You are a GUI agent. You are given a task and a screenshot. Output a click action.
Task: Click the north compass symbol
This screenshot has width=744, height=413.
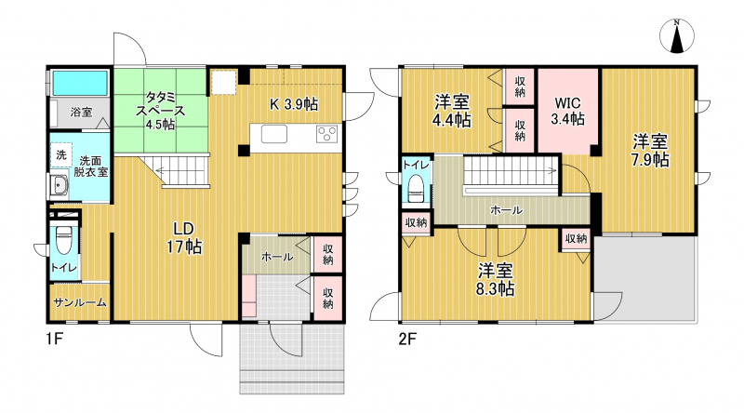(x=677, y=36)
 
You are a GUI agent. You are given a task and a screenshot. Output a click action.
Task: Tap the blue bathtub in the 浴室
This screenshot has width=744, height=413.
(x=80, y=83)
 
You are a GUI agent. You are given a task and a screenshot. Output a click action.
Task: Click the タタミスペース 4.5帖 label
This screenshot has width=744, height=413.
(x=160, y=111)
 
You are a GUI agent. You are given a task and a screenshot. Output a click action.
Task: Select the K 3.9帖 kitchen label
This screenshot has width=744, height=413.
(x=294, y=104)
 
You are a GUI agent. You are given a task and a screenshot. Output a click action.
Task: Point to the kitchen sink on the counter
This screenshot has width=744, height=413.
(x=273, y=133)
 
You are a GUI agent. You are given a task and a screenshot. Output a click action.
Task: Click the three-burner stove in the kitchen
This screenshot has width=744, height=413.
(x=327, y=134)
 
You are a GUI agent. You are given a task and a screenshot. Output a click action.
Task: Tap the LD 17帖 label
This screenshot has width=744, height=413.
(x=183, y=238)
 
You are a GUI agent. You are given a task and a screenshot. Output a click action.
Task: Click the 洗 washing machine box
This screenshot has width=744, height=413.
(x=61, y=154)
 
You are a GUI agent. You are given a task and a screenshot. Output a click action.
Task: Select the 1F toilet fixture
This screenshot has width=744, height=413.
(x=64, y=241)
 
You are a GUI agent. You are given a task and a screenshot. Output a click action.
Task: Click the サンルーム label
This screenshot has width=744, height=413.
(x=80, y=302)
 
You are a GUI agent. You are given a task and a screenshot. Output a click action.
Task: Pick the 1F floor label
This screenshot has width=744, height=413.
(x=54, y=340)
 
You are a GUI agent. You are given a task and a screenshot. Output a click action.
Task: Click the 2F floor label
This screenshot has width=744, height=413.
(x=407, y=340)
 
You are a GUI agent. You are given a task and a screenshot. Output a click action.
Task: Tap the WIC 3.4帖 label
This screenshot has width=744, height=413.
(x=567, y=111)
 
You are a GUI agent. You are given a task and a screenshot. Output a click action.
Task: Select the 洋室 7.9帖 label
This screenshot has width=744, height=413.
(x=649, y=151)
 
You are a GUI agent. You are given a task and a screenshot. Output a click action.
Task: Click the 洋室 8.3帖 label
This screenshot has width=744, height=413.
(x=496, y=280)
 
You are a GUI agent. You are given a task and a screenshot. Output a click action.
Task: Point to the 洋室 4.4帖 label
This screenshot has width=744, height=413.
(x=452, y=111)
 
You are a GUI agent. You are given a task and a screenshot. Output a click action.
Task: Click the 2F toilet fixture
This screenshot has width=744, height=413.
(x=416, y=189)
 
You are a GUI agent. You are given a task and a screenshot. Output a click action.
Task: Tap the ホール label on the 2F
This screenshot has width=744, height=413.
(x=506, y=210)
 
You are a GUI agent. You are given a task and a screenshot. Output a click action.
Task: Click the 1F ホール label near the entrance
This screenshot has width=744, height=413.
(x=277, y=258)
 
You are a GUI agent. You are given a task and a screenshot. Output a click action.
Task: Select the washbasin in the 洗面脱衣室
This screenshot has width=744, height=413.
(x=60, y=186)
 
